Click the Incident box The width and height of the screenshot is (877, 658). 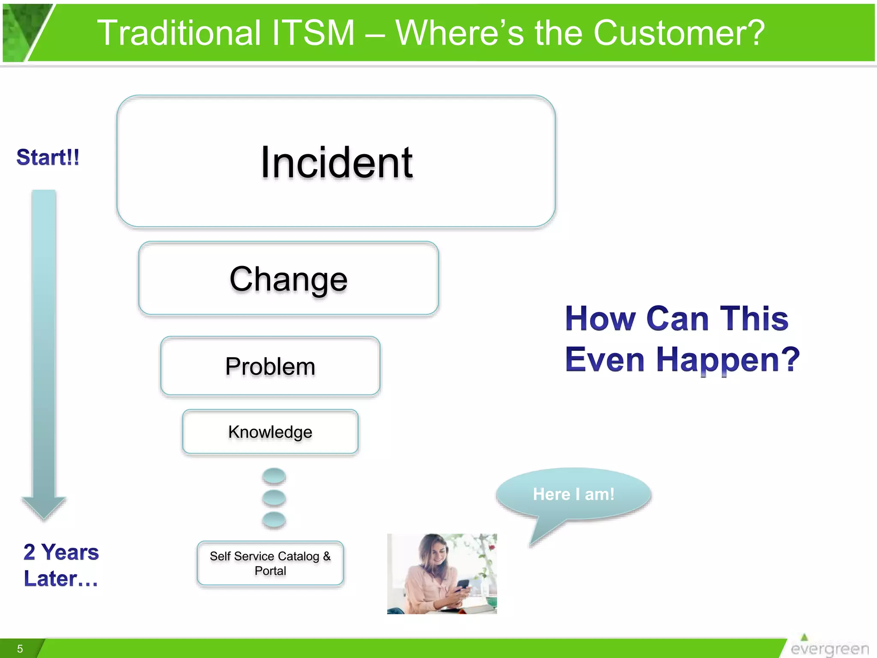click(x=336, y=162)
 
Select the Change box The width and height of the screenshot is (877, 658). click(x=288, y=278)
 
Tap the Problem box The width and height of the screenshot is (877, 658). click(x=270, y=366)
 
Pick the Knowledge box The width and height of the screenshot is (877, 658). click(x=270, y=431)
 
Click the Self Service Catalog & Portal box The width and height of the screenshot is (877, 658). click(x=270, y=563)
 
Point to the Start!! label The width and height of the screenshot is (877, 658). click(x=48, y=157)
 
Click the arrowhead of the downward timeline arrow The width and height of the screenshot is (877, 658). click(x=44, y=508)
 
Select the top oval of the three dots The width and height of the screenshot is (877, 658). click(x=274, y=476)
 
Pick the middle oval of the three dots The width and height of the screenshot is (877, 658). click(x=274, y=498)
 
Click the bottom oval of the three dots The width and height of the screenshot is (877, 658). click(x=274, y=520)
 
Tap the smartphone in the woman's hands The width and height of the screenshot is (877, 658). click(x=462, y=585)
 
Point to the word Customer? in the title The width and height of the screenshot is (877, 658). click(x=679, y=33)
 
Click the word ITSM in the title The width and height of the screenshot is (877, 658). click(x=313, y=33)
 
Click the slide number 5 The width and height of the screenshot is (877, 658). click(x=20, y=649)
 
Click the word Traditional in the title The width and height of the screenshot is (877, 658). click(x=179, y=33)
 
